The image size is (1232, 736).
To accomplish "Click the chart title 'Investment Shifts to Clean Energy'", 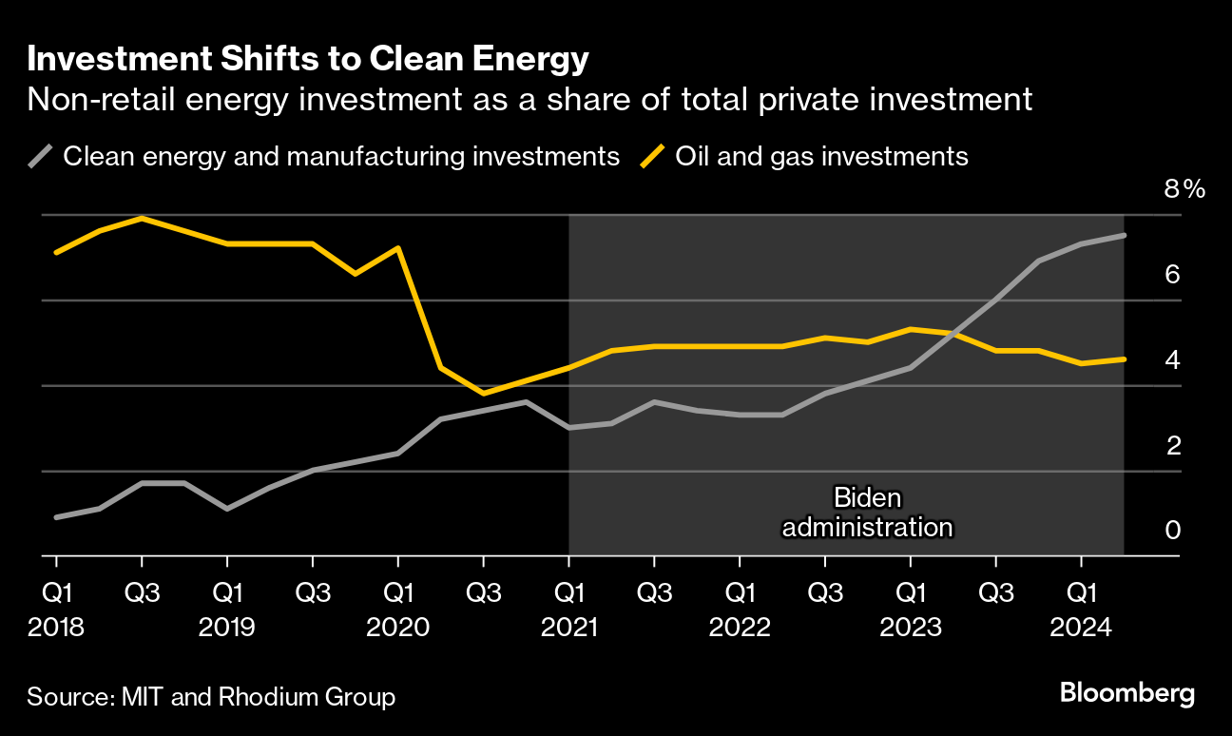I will (x=309, y=60).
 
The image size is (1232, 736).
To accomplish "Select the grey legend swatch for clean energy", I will (x=42, y=155).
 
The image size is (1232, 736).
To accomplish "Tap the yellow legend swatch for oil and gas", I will (x=653, y=155).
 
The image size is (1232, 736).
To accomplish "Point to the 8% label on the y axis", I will (x=1184, y=189).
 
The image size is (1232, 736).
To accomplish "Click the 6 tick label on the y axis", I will (x=1172, y=275).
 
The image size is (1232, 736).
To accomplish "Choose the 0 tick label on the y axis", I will (x=1172, y=530).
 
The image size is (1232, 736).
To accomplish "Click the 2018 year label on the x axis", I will (x=56, y=628).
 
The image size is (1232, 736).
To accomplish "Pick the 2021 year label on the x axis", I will (x=568, y=628).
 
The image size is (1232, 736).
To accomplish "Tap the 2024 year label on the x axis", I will (x=1081, y=628).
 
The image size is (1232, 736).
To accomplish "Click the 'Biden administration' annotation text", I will (x=866, y=512).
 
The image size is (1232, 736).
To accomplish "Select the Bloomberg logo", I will (x=1127, y=693).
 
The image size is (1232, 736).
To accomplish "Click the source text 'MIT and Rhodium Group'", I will (x=258, y=696).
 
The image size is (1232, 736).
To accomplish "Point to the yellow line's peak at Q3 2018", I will (x=142, y=218).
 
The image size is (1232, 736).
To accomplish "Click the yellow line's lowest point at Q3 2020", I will (x=483, y=393).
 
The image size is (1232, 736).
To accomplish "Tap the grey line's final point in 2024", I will (x=1124, y=235).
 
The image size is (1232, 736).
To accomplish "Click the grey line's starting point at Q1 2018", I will (x=56, y=517).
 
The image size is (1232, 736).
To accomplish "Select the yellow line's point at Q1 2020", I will (x=397, y=248).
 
